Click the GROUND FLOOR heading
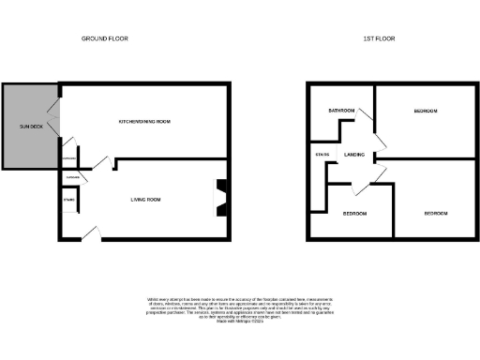click(x=104, y=38)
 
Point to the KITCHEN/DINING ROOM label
click(x=144, y=122)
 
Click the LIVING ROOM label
click(x=145, y=200)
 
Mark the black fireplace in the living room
click(x=221, y=198)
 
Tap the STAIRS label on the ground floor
click(x=68, y=200)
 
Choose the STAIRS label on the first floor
click(x=322, y=155)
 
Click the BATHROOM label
click(x=341, y=112)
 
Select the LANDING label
click(x=354, y=155)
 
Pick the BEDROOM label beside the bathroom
click(x=426, y=112)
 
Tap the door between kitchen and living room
click(x=111, y=163)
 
